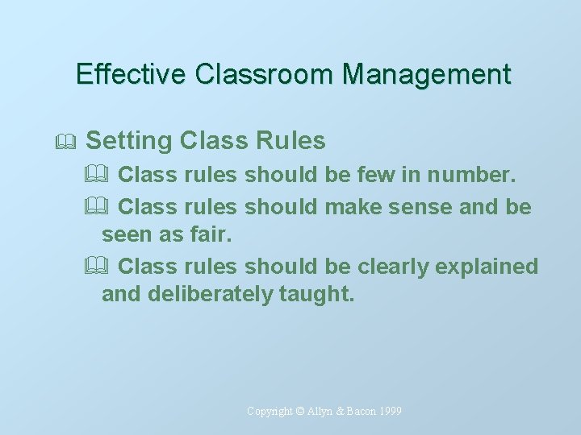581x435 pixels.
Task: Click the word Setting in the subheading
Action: coord(129,141)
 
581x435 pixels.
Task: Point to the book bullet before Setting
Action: coord(67,142)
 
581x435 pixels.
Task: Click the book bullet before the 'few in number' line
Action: coord(109,175)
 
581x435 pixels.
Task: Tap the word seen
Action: coord(125,237)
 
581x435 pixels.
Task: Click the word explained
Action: coord(492,267)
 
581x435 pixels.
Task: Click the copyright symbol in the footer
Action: coord(299,411)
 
